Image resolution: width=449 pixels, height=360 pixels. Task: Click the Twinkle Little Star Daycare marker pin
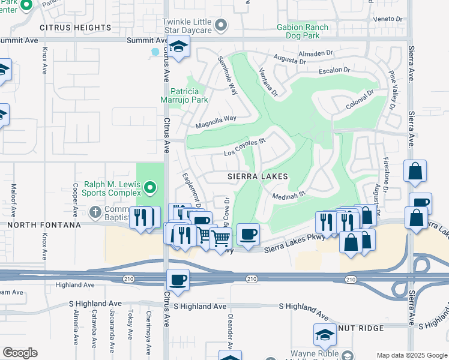(221, 25)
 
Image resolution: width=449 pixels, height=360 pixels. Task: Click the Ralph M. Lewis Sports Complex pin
(150, 190)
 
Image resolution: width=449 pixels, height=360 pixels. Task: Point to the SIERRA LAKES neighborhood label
(258, 176)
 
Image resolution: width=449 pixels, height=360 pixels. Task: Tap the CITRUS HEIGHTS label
(76, 28)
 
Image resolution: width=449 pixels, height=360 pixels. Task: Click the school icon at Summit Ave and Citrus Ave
(178, 47)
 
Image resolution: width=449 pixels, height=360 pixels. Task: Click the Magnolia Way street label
(216, 122)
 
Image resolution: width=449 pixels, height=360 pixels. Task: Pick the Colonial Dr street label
(360, 100)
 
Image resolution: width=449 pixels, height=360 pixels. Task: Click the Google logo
(20, 353)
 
